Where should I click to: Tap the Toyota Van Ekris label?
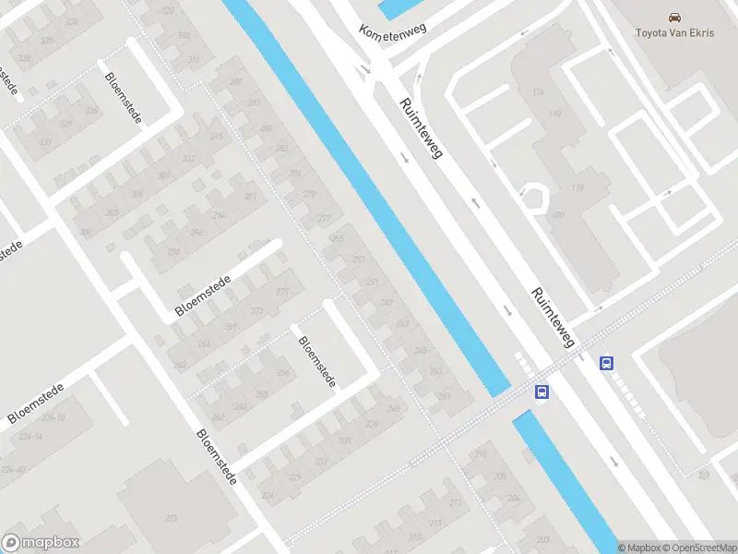click(x=676, y=33)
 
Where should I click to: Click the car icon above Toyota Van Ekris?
click(x=675, y=17)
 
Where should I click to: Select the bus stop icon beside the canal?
click(x=542, y=391)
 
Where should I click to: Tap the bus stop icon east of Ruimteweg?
click(x=607, y=363)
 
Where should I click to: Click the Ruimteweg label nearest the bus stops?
click(x=553, y=318)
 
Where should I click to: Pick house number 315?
click(x=217, y=137)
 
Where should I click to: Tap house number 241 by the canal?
click(x=445, y=396)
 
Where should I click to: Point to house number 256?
click(x=283, y=373)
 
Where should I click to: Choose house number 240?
click(x=241, y=405)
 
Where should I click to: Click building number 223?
click(x=171, y=519)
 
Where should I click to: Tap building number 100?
click(x=558, y=215)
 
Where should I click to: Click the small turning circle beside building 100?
click(x=534, y=197)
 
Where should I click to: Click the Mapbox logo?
click(x=41, y=542)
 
